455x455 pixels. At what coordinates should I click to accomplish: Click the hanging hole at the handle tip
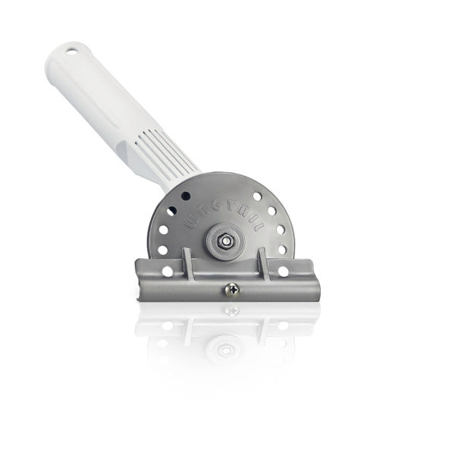click(71, 52)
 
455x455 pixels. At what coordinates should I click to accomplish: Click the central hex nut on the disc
click(225, 240)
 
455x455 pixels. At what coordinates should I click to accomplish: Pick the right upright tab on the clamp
click(265, 265)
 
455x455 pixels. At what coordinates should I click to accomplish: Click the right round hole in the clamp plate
click(284, 271)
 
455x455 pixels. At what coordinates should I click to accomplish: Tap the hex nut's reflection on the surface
click(225, 350)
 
